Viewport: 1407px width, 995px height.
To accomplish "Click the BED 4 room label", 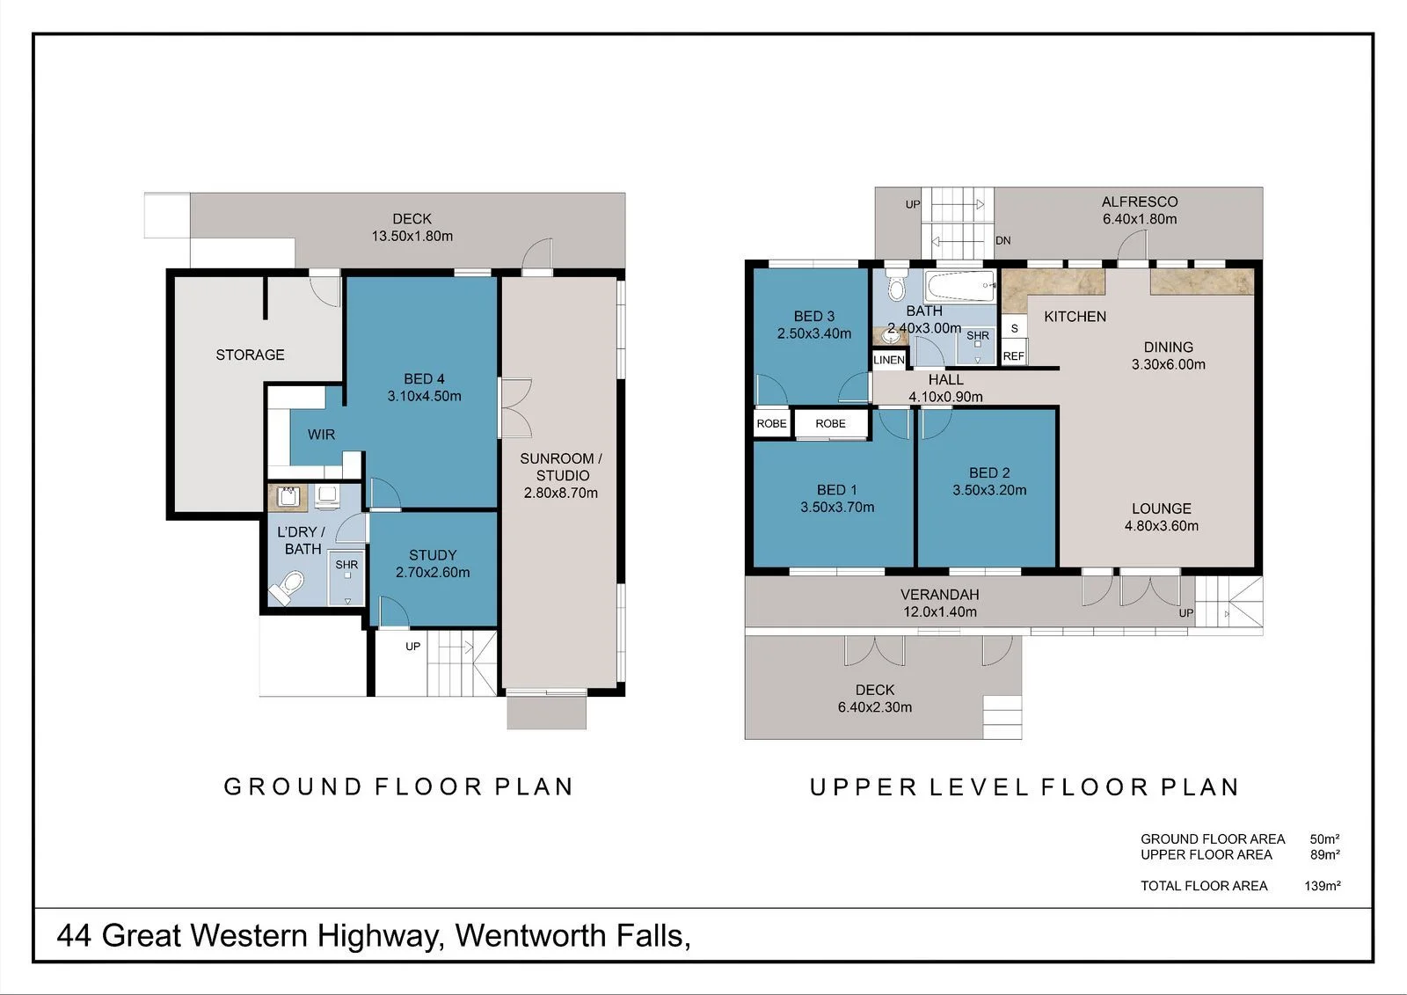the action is tap(424, 378).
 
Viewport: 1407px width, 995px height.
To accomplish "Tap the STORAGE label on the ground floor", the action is tap(250, 355).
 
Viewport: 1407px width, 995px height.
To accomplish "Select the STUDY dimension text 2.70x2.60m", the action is tap(433, 572).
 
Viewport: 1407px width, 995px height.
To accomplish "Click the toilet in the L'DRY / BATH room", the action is tap(287, 587).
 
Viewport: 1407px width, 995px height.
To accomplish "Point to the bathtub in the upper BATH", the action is tap(959, 287).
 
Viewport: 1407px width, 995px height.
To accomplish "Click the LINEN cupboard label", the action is tap(889, 360).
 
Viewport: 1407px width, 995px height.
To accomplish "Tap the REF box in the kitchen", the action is tap(1014, 355).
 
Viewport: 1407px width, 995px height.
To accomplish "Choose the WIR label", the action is tap(321, 435).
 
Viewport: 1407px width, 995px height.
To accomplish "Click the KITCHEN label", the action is tap(1075, 316).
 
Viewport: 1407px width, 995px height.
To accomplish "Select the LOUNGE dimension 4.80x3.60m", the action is tap(1162, 525).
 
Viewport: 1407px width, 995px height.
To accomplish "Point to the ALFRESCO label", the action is tap(1140, 201).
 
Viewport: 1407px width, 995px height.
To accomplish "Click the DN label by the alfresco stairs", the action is tap(1002, 241).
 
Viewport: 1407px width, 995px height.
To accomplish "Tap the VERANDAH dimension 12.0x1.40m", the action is tap(940, 611).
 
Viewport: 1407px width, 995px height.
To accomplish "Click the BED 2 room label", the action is tap(989, 472).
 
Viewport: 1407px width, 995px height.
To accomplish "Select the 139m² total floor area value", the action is tap(1323, 886).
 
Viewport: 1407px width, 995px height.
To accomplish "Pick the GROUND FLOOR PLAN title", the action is tap(399, 787).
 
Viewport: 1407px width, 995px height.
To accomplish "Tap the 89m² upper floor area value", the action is tap(1324, 855).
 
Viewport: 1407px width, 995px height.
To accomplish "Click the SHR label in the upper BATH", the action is tap(977, 336).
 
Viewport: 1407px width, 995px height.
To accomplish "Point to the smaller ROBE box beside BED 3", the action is tap(771, 424).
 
